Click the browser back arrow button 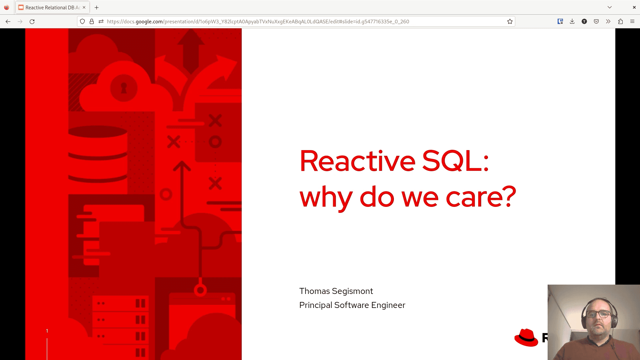coord(8,21)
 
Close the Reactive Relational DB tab coord(84,7)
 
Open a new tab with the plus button coord(97,7)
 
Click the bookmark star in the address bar coord(510,21)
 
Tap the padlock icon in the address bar coord(92,21)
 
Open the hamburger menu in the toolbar coord(632,21)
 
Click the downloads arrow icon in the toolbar coord(572,21)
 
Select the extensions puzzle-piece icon coord(620,21)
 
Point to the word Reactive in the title coord(358,161)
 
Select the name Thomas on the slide coord(314,291)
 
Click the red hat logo coord(526,337)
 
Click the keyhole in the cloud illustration coord(124,88)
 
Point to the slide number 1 coord(47,331)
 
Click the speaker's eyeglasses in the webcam coord(598,314)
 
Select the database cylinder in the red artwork coord(98,154)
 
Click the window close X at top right coord(634,7)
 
